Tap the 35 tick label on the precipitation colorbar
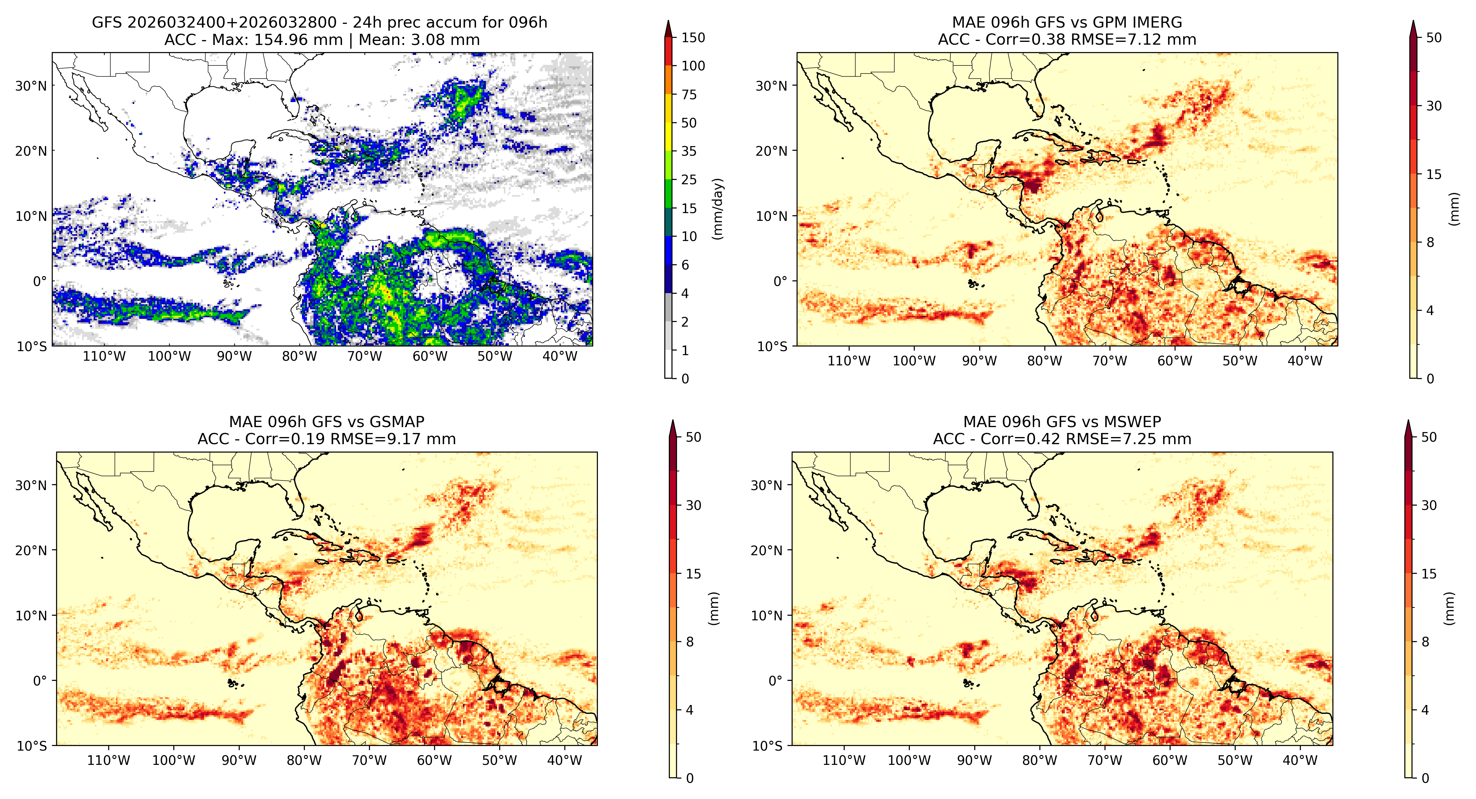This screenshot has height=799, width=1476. coord(689,151)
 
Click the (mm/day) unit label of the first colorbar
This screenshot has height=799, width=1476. coord(717,209)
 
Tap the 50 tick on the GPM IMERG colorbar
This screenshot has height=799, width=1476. coord(1434,38)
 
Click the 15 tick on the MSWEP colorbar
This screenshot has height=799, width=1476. coord(1429,574)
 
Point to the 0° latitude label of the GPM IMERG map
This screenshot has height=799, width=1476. coord(781,281)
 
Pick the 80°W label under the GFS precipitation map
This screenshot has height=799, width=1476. coord(299,356)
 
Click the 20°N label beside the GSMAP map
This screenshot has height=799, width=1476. coord(31,550)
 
